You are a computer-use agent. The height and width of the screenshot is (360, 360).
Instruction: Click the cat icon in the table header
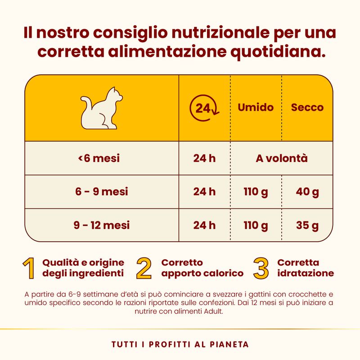(102, 108)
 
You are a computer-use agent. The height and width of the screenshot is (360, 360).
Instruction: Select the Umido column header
(256, 108)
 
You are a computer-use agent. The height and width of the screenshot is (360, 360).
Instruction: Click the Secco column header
(307, 108)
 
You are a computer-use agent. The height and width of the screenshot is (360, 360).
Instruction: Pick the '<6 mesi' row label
(102, 158)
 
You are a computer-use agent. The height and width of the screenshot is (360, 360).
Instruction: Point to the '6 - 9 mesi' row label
(102, 192)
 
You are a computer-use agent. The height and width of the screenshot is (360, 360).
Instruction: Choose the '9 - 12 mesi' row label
(102, 225)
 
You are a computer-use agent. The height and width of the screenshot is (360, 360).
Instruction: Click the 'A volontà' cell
(282, 158)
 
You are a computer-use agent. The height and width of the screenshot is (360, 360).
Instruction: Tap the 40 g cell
(307, 192)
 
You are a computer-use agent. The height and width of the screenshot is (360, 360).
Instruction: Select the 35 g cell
(307, 225)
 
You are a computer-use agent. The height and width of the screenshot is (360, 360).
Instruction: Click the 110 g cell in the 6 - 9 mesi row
(256, 192)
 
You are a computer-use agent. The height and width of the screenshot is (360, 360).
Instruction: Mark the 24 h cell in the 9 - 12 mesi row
(204, 225)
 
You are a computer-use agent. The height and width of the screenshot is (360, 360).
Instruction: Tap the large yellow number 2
(144, 268)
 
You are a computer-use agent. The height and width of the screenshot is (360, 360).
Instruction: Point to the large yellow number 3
(261, 268)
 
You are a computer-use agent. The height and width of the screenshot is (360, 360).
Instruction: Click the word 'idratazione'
(306, 273)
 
